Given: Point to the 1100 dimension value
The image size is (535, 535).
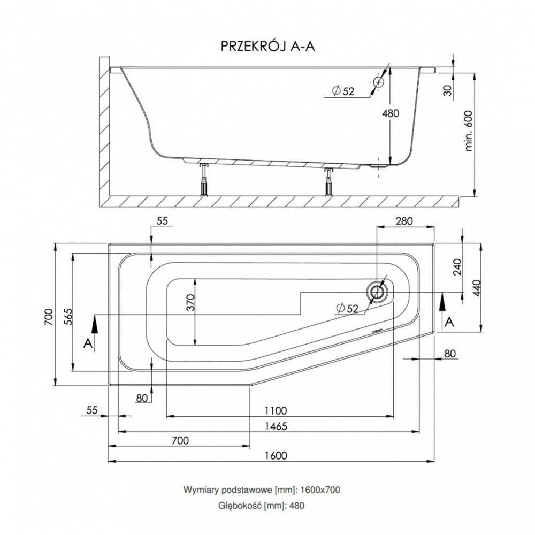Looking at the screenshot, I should pos(275,410).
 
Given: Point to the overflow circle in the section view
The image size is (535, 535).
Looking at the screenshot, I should pos(379,82).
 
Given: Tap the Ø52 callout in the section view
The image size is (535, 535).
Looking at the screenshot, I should pos(343,91).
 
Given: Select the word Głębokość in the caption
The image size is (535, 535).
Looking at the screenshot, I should pos(240,505).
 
